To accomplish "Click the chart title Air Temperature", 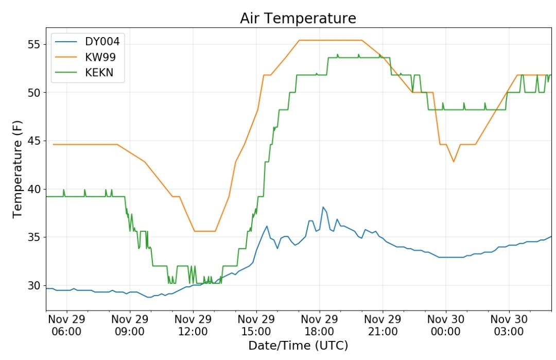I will coord(298,19).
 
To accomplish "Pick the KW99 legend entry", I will coord(100,57).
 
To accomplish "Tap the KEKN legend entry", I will coord(99,73).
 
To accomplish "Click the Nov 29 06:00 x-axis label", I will coord(66,324).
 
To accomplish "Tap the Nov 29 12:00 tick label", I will coord(193,324).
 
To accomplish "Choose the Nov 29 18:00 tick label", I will coord(319,324).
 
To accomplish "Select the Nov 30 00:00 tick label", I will coord(445,324).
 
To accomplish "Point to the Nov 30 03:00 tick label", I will coord(509,324).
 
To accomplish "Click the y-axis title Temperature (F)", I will coord(18,168).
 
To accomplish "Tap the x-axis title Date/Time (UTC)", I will coord(298,346).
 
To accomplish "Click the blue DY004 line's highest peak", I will coord(323,207).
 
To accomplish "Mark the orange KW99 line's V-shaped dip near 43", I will coord(454,162).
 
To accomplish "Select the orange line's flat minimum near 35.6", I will coord(205,231).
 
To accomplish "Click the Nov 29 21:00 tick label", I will coord(383,324).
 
